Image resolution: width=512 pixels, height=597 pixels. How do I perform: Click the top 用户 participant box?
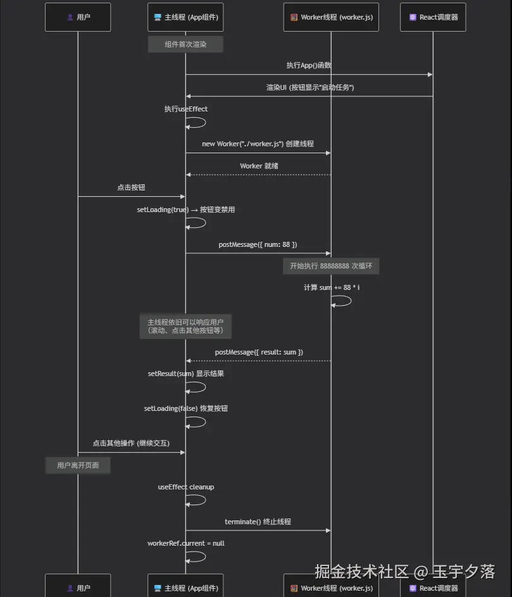(78, 17)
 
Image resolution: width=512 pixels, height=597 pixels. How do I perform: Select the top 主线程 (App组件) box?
(185, 17)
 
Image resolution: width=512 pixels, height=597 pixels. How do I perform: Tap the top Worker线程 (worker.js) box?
(331, 17)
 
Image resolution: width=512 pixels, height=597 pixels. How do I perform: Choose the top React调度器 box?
(433, 17)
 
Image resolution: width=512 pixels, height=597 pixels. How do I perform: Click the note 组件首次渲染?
(185, 44)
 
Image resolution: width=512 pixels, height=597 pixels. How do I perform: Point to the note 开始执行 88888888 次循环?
(331, 266)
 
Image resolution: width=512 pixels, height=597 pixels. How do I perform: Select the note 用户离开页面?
(78, 465)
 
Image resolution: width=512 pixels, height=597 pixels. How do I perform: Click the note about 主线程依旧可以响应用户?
(185, 326)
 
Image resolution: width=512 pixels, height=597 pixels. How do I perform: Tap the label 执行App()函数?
(309, 65)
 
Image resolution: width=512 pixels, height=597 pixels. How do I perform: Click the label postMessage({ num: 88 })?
(258, 244)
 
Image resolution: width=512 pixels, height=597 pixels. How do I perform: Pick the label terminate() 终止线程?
(258, 522)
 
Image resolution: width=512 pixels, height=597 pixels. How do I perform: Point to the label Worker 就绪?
(259, 166)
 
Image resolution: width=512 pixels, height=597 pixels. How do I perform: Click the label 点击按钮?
(131, 187)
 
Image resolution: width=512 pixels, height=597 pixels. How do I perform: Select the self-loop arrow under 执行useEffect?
(205, 122)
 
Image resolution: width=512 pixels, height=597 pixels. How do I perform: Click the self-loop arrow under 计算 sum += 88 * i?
(351, 301)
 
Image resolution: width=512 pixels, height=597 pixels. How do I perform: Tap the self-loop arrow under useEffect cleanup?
(205, 500)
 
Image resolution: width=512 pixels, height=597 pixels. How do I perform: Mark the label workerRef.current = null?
(186, 543)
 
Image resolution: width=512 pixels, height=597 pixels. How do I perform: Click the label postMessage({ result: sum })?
(259, 352)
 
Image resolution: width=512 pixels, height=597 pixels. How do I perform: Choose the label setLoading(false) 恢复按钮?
(186, 408)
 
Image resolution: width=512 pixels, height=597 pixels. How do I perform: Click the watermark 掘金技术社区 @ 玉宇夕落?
(404, 572)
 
